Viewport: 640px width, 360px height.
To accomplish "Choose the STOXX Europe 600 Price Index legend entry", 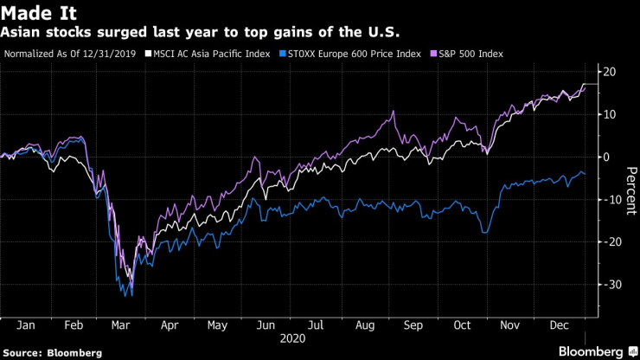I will [345, 54].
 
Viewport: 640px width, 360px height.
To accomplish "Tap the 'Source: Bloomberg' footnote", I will [52, 353].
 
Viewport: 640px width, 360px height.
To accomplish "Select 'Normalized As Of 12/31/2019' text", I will [72, 54].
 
